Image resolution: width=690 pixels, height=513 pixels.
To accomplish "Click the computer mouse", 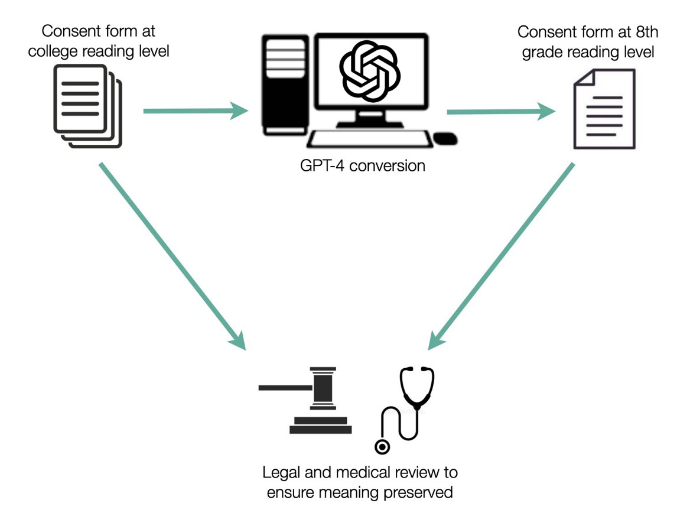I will click(445, 139).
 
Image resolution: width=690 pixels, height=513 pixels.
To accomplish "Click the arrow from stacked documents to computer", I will click(196, 110).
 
